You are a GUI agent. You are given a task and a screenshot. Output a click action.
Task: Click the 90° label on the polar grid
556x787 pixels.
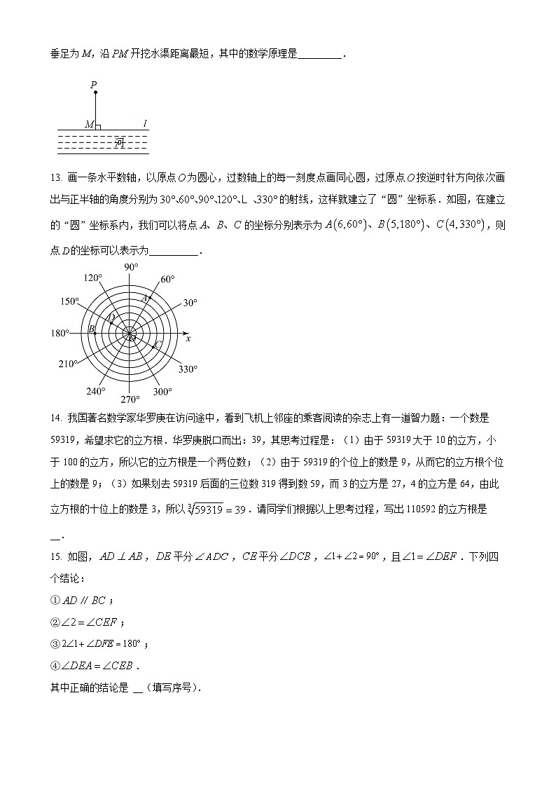pyautogui.click(x=131, y=267)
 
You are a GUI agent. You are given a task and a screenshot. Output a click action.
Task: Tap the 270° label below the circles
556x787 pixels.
pyautogui.click(x=130, y=399)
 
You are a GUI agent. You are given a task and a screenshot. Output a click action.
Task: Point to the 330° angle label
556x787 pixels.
pyautogui.click(x=188, y=369)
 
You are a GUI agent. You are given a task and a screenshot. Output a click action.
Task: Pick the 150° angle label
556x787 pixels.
pyautogui.click(x=69, y=302)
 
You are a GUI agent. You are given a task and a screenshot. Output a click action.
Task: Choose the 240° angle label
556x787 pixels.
pyautogui.click(x=95, y=391)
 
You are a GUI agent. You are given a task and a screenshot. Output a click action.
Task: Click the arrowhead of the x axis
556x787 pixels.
pyautogui.click(x=185, y=334)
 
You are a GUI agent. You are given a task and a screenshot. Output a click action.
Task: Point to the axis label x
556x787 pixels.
pyautogui.click(x=188, y=340)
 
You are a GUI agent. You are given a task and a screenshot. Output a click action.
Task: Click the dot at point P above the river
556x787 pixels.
pyautogui.click(x=95, y=92)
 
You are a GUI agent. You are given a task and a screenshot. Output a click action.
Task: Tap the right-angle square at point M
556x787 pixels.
pyautogui.click(x=97, y=127)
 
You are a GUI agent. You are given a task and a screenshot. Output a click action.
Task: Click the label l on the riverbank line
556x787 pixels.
pyautogui.click(x=145, y=124)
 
